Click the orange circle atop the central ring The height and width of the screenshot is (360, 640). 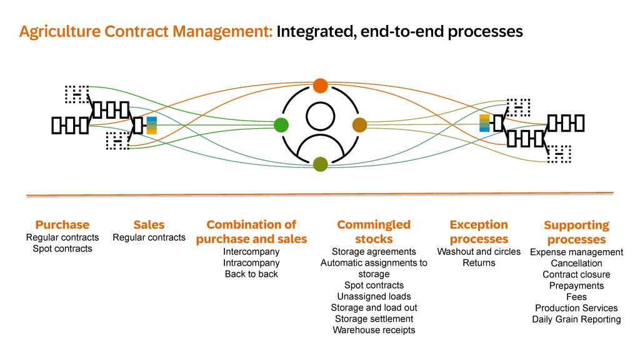click(x=321, y=86)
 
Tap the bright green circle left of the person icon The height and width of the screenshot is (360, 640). click(x=281, y=125)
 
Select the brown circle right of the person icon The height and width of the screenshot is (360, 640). click(x=359, y=125)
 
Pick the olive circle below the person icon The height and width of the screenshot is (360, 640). click(x=321, y=164)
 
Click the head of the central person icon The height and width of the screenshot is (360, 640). click(x=321, y=116)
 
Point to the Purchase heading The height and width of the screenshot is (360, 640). click(x=62, y=225)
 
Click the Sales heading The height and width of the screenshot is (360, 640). click(x=149, y=225)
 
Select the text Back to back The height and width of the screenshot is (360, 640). click(x=251, y=274)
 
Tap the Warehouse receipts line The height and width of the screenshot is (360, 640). click(x=374, y=330)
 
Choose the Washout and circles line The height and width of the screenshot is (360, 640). click(x=479, y=252)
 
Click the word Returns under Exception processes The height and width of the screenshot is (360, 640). click(x=479, y=263)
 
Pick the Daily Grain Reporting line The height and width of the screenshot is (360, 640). click(x=576, y=319)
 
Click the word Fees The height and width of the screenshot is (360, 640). click(x=576, y=297)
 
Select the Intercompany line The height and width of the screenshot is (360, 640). click(x=251, y=252)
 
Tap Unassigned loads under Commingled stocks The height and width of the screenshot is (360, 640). click(x=374, y=297)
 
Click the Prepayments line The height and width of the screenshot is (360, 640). click(x=576, y=286)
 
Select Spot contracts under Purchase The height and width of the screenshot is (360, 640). click(x=62, y=249)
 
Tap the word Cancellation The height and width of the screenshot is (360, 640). click(x=576, y=263)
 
